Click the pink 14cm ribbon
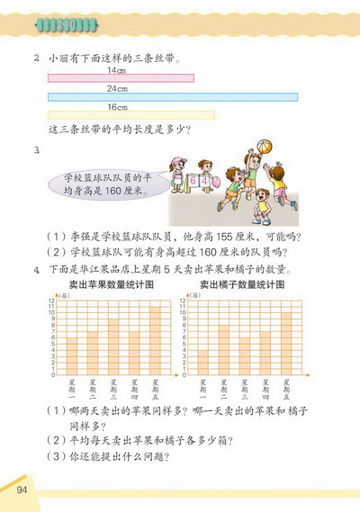121,78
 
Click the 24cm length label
115,88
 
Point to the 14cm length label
115,70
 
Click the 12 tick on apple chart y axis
55,300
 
